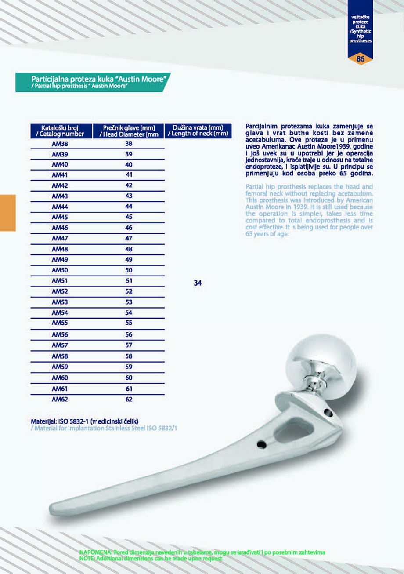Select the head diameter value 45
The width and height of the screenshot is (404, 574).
pyautogui.click(x=129, y=217)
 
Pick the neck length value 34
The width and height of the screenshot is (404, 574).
pyautogui.click(x=198, y=283)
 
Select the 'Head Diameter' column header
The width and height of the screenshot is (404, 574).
pyautogui.click(x=129, y=131)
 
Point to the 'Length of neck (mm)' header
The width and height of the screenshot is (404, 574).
pyautogui.click(x=198, y=131)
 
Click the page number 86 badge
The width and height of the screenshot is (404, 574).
pyautogui.click(x=361, y=58)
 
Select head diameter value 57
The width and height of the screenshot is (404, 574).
pyautogui.click(x=129, y=345)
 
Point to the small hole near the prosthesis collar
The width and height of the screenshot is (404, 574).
pyautogui.click(x=327, y=412)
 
